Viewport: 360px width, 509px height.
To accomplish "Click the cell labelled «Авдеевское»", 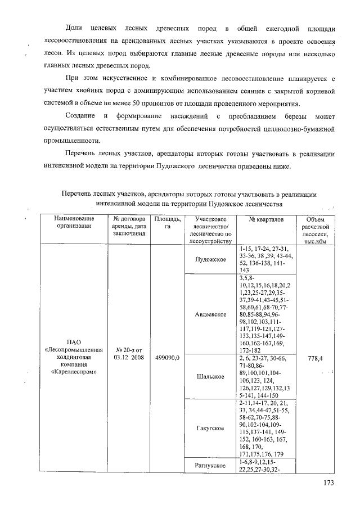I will (x=210, y=314).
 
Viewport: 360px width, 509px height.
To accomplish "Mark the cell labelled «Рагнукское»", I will (x=210, y=466).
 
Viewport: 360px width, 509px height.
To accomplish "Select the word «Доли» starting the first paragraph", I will (x=74, y=28).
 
